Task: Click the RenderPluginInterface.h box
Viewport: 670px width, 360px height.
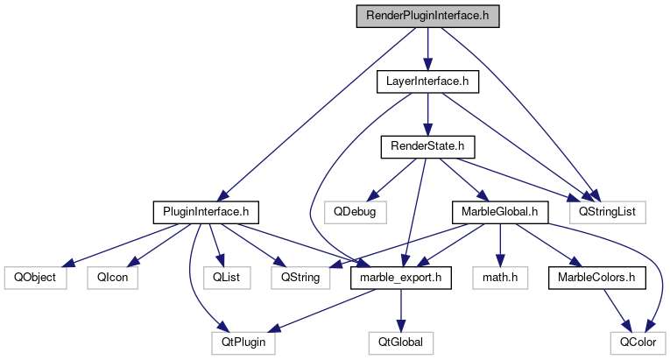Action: point(427,17)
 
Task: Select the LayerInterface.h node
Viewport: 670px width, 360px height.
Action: point(427,82)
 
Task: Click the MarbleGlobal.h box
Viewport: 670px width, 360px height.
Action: point(498,211)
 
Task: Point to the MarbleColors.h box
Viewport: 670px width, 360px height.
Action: point(596,277)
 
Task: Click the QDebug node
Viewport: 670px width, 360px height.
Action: point(355,211)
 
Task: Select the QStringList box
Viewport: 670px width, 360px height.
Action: point(607,211)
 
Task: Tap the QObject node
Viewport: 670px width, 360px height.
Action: point(30,277)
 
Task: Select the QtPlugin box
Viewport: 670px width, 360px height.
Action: point(243,342)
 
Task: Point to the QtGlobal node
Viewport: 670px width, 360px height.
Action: point(400,342)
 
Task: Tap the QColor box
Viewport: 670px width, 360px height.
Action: point(637,342)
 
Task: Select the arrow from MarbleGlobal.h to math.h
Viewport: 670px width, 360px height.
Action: point(499,244)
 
